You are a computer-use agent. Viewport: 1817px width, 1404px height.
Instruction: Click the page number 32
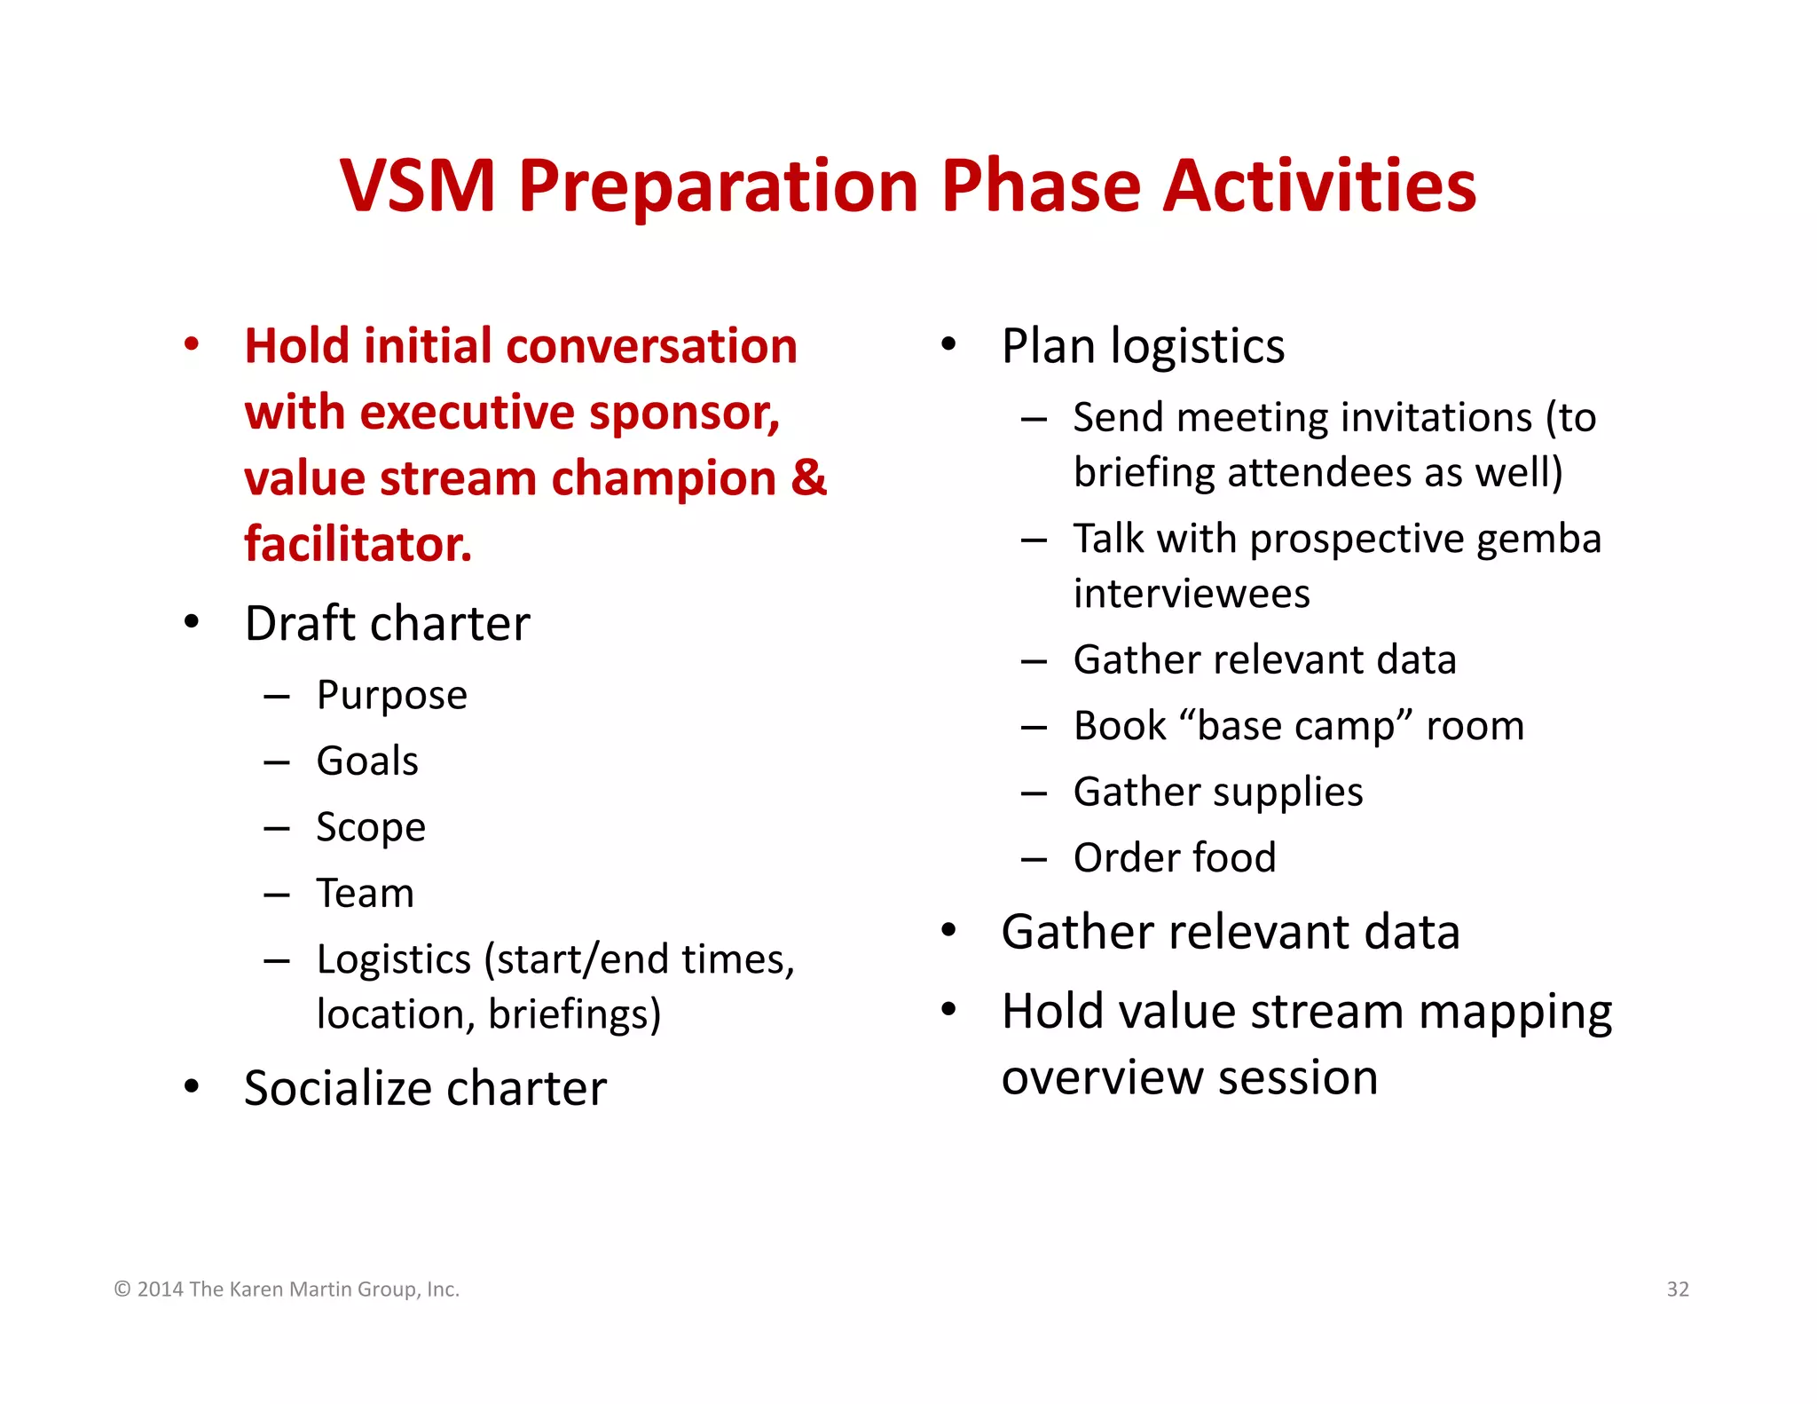1677,1289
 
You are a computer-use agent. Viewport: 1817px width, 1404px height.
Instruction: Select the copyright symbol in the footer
122,1290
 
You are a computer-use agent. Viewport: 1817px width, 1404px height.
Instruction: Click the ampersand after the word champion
808,477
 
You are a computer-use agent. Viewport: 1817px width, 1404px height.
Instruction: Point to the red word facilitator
358,544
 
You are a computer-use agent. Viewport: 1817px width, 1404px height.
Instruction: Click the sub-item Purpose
391,695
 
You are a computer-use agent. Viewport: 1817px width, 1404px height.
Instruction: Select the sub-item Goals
367,761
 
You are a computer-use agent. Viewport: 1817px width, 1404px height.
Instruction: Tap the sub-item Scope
371,827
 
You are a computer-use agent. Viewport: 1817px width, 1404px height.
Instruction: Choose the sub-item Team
366,894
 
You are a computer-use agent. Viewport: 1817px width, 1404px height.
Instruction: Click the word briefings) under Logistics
574,1014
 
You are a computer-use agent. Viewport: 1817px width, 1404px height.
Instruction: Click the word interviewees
1191,594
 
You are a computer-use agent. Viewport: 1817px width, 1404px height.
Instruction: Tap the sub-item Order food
1174,858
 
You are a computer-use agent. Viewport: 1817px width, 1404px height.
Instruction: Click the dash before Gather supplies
1034,793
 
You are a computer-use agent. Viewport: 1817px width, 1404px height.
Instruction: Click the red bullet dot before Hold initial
192,344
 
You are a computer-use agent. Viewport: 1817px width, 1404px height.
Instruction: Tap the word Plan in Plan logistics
1047,346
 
